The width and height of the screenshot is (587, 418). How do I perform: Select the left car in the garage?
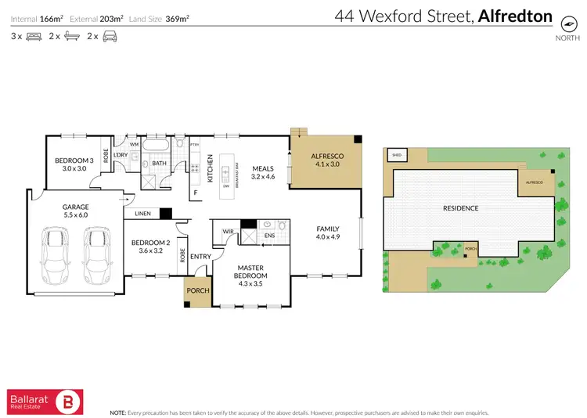point(54,256)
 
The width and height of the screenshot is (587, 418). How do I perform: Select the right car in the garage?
point(98,256)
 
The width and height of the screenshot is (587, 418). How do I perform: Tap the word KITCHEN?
point(211,168)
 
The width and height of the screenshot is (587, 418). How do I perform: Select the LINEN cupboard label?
point(142,213)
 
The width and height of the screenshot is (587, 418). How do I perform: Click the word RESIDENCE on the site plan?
point(460,208)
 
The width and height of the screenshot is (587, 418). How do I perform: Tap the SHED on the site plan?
point(397,155)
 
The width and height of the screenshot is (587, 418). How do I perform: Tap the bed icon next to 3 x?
point(34,36)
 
